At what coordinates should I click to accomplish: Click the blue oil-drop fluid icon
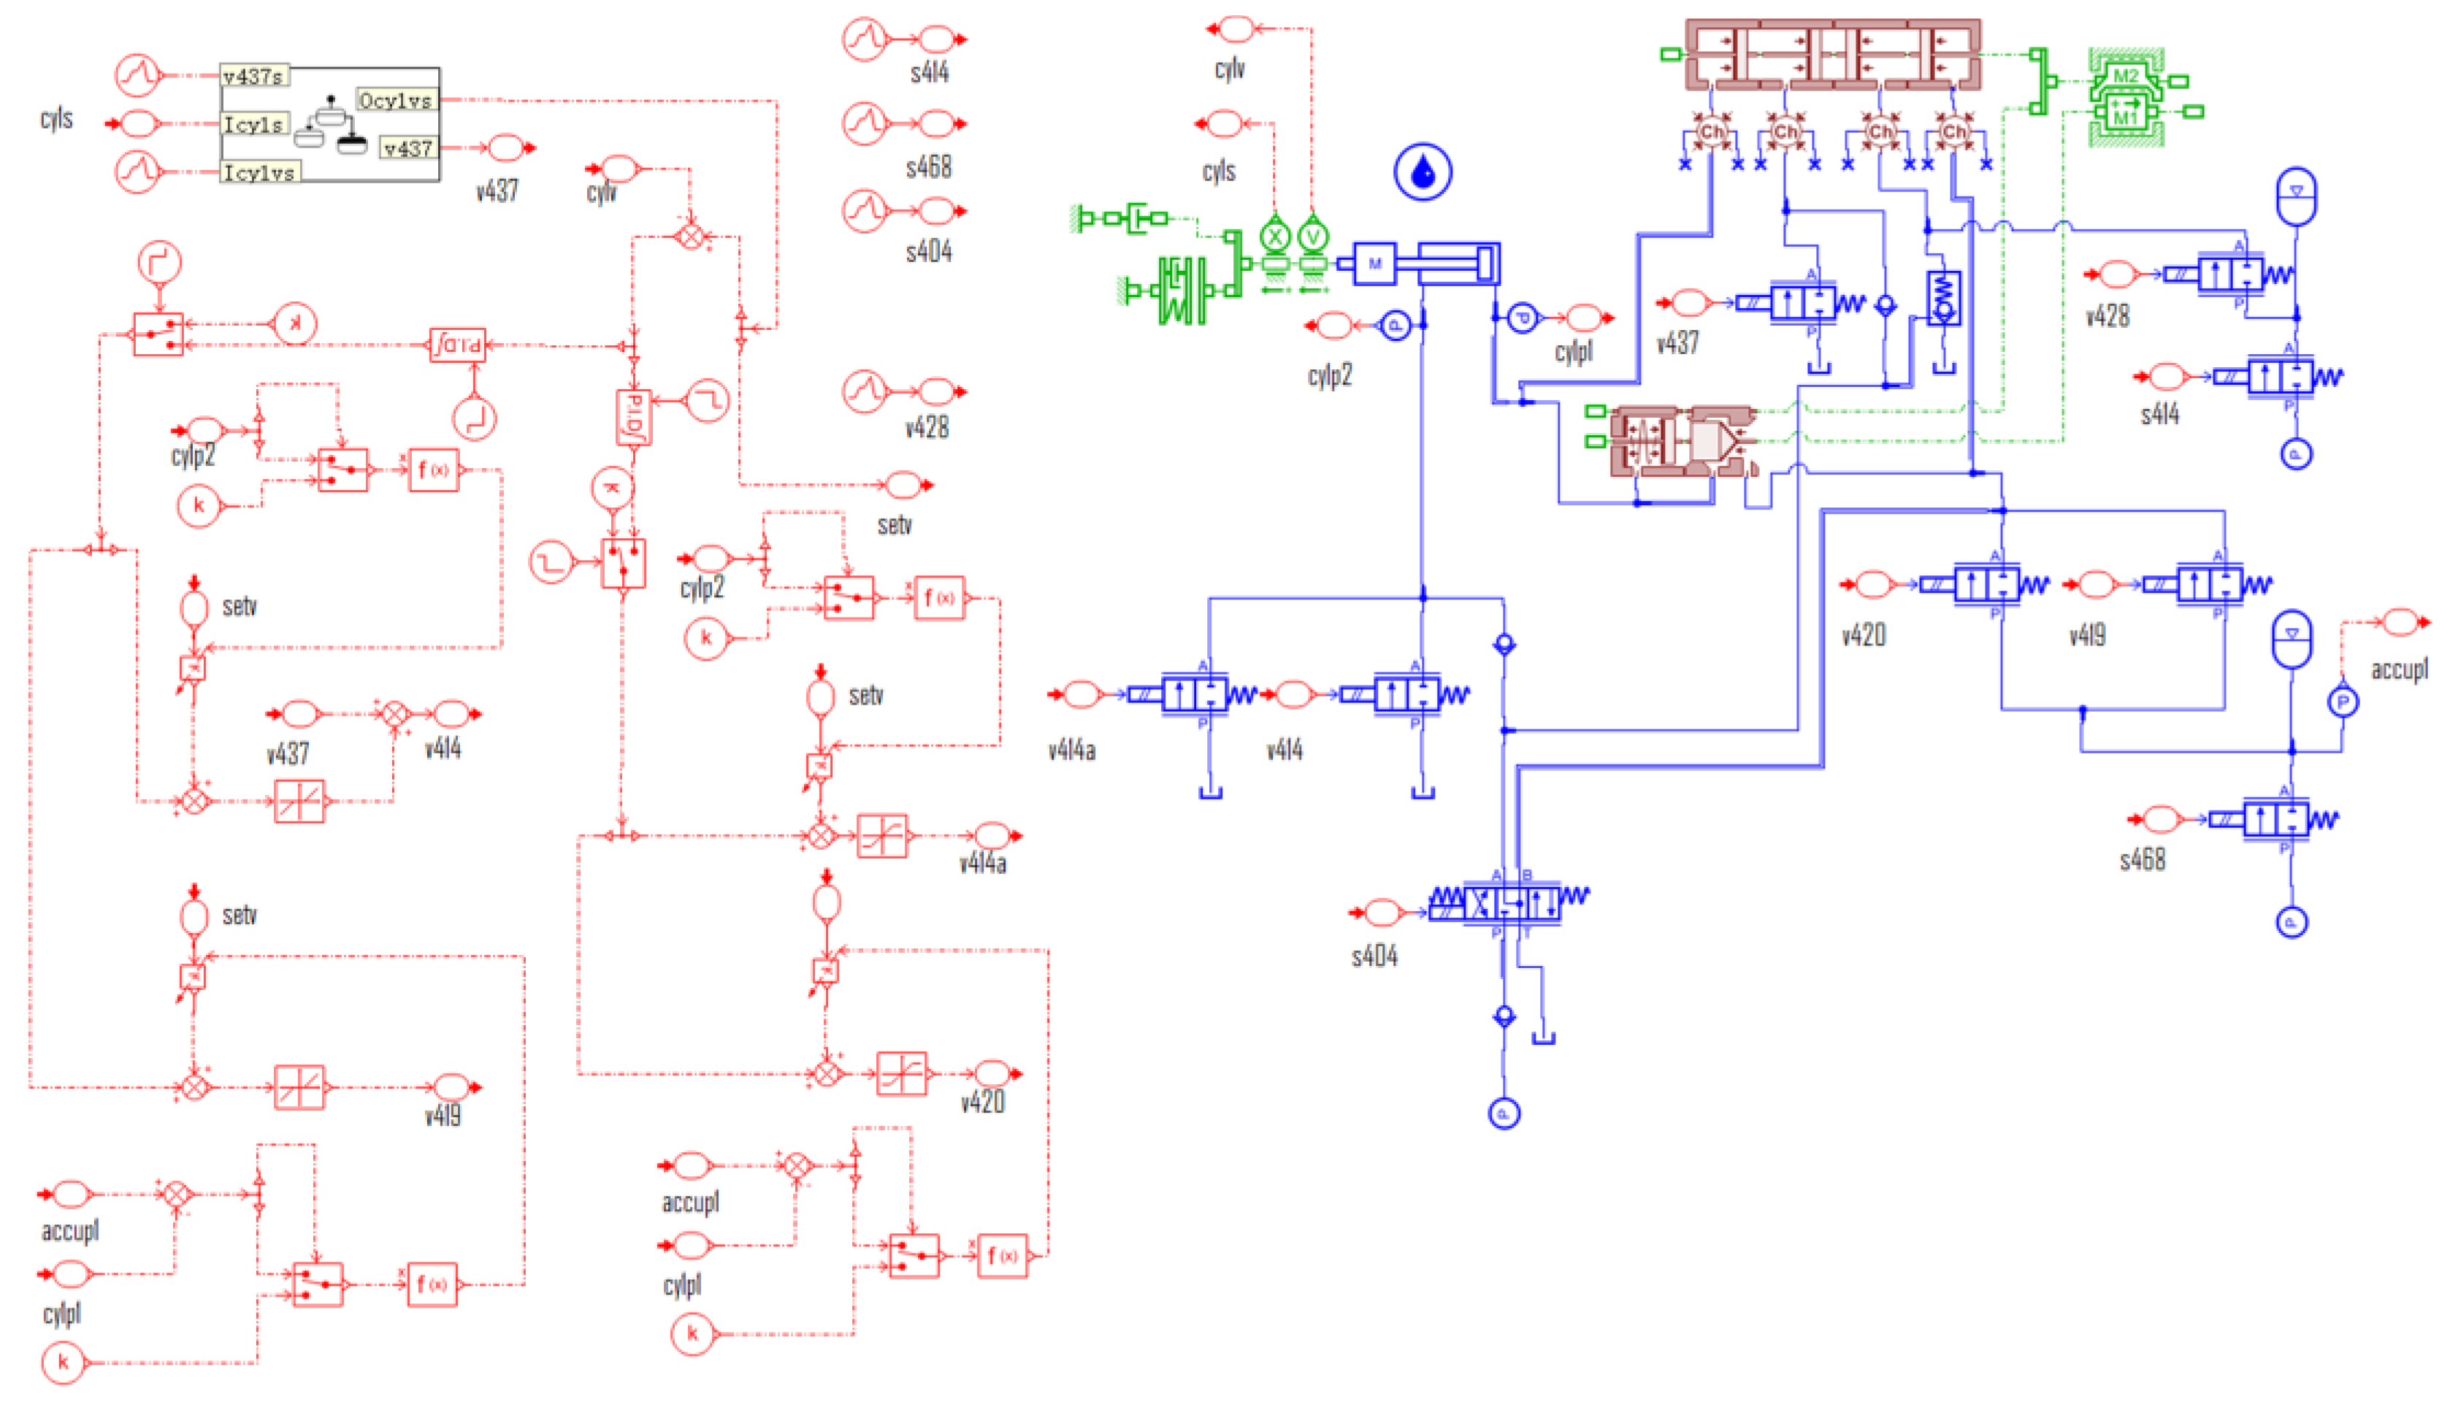[1423, 172]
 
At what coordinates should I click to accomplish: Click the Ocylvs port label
[395, 100]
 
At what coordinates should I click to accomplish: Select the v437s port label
[253, 76]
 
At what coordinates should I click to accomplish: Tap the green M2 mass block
[2125, 75]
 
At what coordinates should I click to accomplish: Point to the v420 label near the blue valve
[1863, 635]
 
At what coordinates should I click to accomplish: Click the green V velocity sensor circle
[1312, 235]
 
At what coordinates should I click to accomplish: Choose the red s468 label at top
[927, 166]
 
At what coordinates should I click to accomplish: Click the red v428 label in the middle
[927, 427]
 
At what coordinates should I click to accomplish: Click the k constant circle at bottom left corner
[64, 1362]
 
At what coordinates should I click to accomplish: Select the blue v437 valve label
[1677, 342]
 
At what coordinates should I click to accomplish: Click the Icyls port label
[253, 124]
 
